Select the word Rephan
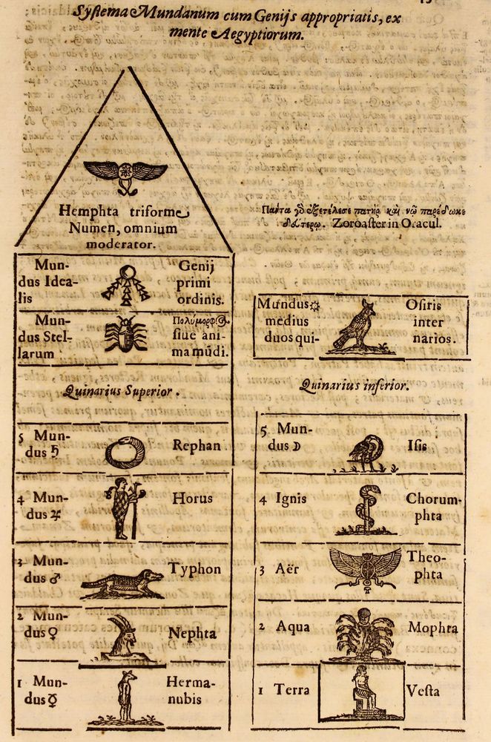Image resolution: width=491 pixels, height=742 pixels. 197,446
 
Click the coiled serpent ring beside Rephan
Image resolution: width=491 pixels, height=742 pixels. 125,450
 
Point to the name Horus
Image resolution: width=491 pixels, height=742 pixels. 193,499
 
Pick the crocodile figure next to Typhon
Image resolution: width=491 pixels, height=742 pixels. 122,583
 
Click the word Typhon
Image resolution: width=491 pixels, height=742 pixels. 194,569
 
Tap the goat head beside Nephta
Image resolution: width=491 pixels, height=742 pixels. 121,634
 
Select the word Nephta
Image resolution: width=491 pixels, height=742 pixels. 193,634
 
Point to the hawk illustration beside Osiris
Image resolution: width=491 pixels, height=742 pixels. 355,326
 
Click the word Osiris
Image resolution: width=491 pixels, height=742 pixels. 424,304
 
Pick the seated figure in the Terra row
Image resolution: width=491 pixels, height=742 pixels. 362,689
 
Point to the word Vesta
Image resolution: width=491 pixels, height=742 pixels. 423,691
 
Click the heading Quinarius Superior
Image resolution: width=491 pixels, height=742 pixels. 122,393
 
